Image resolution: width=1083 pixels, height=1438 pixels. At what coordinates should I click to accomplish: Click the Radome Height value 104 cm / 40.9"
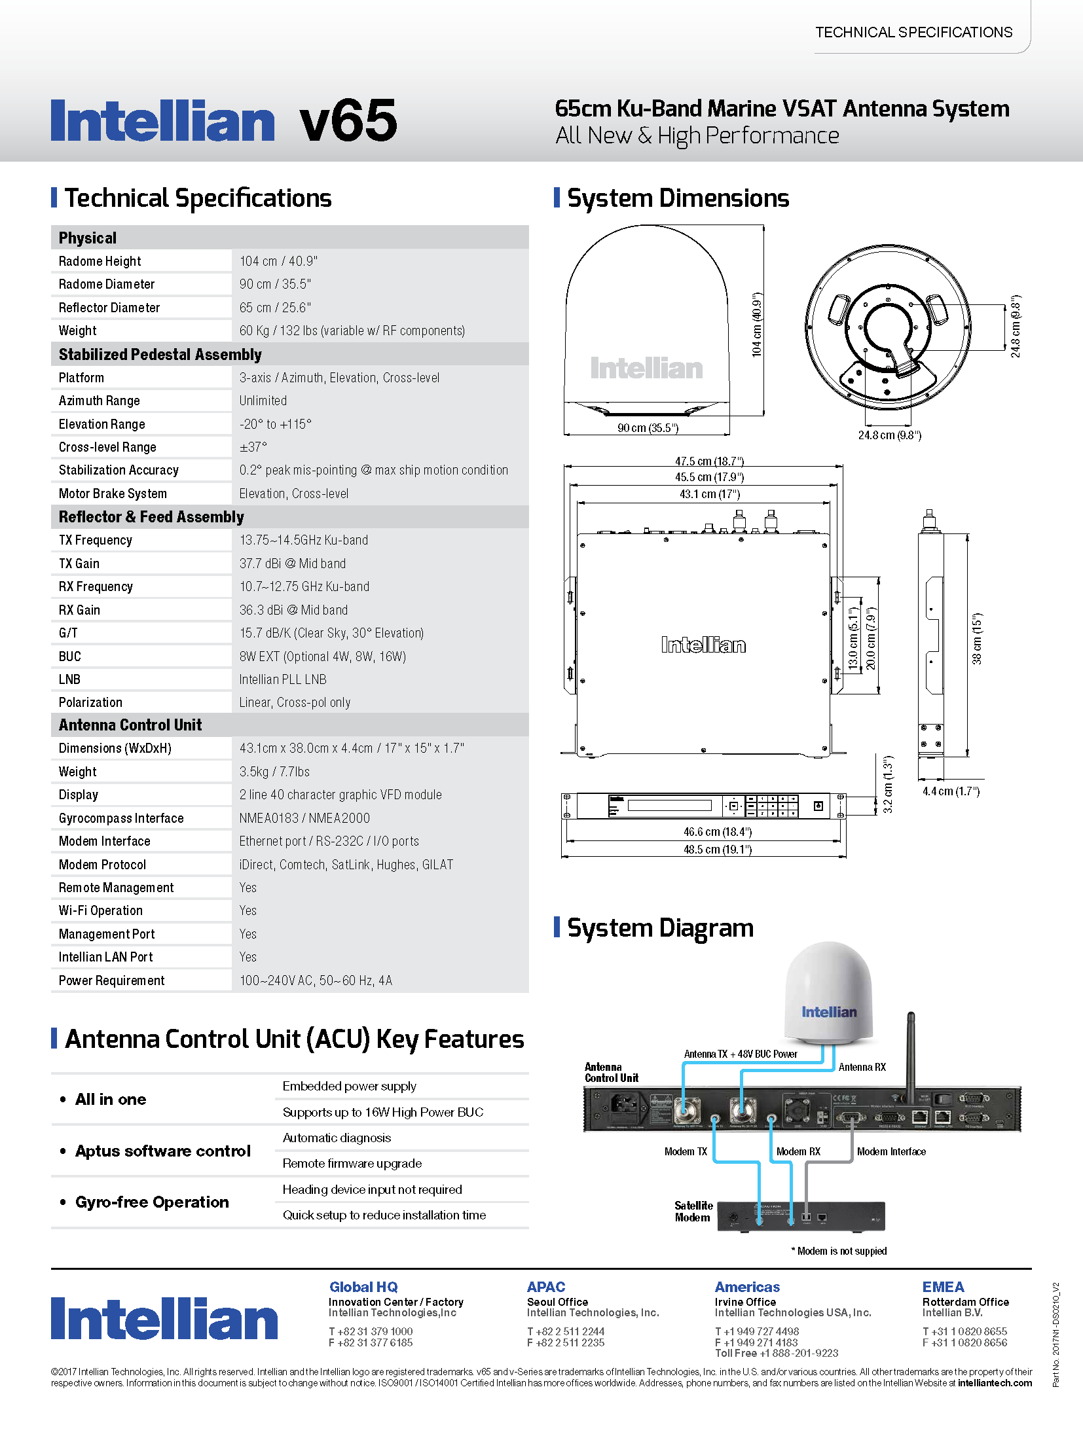[278, 261]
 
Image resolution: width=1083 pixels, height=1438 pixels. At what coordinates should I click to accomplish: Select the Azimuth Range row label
[99, 401]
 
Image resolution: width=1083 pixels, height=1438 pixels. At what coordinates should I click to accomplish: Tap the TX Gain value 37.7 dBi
[292, 564]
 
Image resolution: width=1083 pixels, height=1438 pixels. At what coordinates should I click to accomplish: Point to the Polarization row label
[90, 702]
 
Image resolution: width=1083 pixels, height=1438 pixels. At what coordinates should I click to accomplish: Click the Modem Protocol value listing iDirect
[346, 865]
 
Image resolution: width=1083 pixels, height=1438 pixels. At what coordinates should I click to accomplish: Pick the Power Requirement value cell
[316, 980]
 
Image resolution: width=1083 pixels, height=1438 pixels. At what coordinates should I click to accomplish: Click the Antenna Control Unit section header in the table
[130, 725]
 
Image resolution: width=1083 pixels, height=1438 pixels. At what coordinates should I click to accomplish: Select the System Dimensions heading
[678, 198]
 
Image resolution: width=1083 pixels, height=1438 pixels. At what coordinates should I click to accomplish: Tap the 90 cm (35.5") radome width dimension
[648, 428]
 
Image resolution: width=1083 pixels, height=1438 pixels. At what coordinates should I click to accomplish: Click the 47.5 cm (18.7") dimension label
[709, 461]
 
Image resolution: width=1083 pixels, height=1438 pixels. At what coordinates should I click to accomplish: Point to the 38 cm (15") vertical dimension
[977, 639]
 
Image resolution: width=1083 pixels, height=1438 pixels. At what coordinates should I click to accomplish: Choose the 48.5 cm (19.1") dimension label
[718, 850]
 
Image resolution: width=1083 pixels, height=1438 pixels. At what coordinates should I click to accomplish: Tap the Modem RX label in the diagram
[798, 1151]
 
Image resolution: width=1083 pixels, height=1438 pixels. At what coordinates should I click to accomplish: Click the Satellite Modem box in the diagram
[801, 1216]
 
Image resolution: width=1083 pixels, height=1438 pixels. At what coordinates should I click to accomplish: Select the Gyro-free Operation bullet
[152, 1202]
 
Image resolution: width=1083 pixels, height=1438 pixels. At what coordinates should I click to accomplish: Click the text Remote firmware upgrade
[352, 1163]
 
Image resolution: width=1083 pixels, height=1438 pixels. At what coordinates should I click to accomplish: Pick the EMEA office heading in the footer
[943, 1287]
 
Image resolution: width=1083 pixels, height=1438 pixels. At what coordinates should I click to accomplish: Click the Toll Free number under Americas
[777, 1353]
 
